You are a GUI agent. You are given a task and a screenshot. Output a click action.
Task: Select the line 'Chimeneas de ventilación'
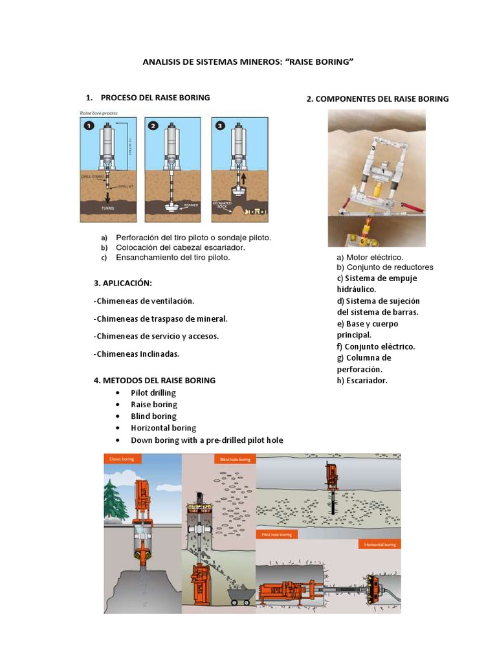click(144, 301)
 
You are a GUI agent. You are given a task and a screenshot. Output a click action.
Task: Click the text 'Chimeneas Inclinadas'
click(137, 354)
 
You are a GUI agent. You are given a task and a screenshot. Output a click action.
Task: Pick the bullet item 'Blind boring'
click(153, 416)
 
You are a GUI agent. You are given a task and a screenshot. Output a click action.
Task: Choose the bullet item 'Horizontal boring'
click(163, 428)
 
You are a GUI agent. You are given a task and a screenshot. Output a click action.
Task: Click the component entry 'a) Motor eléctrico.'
click(370, 257)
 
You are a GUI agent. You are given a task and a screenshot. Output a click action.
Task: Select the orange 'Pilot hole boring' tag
click(276, 534)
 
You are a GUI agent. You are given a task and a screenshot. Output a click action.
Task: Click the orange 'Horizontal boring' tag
click(379, 545)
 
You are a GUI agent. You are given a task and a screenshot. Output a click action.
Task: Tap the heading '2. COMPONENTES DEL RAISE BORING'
click(377, 99)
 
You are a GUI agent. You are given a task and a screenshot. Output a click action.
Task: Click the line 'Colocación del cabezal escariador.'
click(181, 247)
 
